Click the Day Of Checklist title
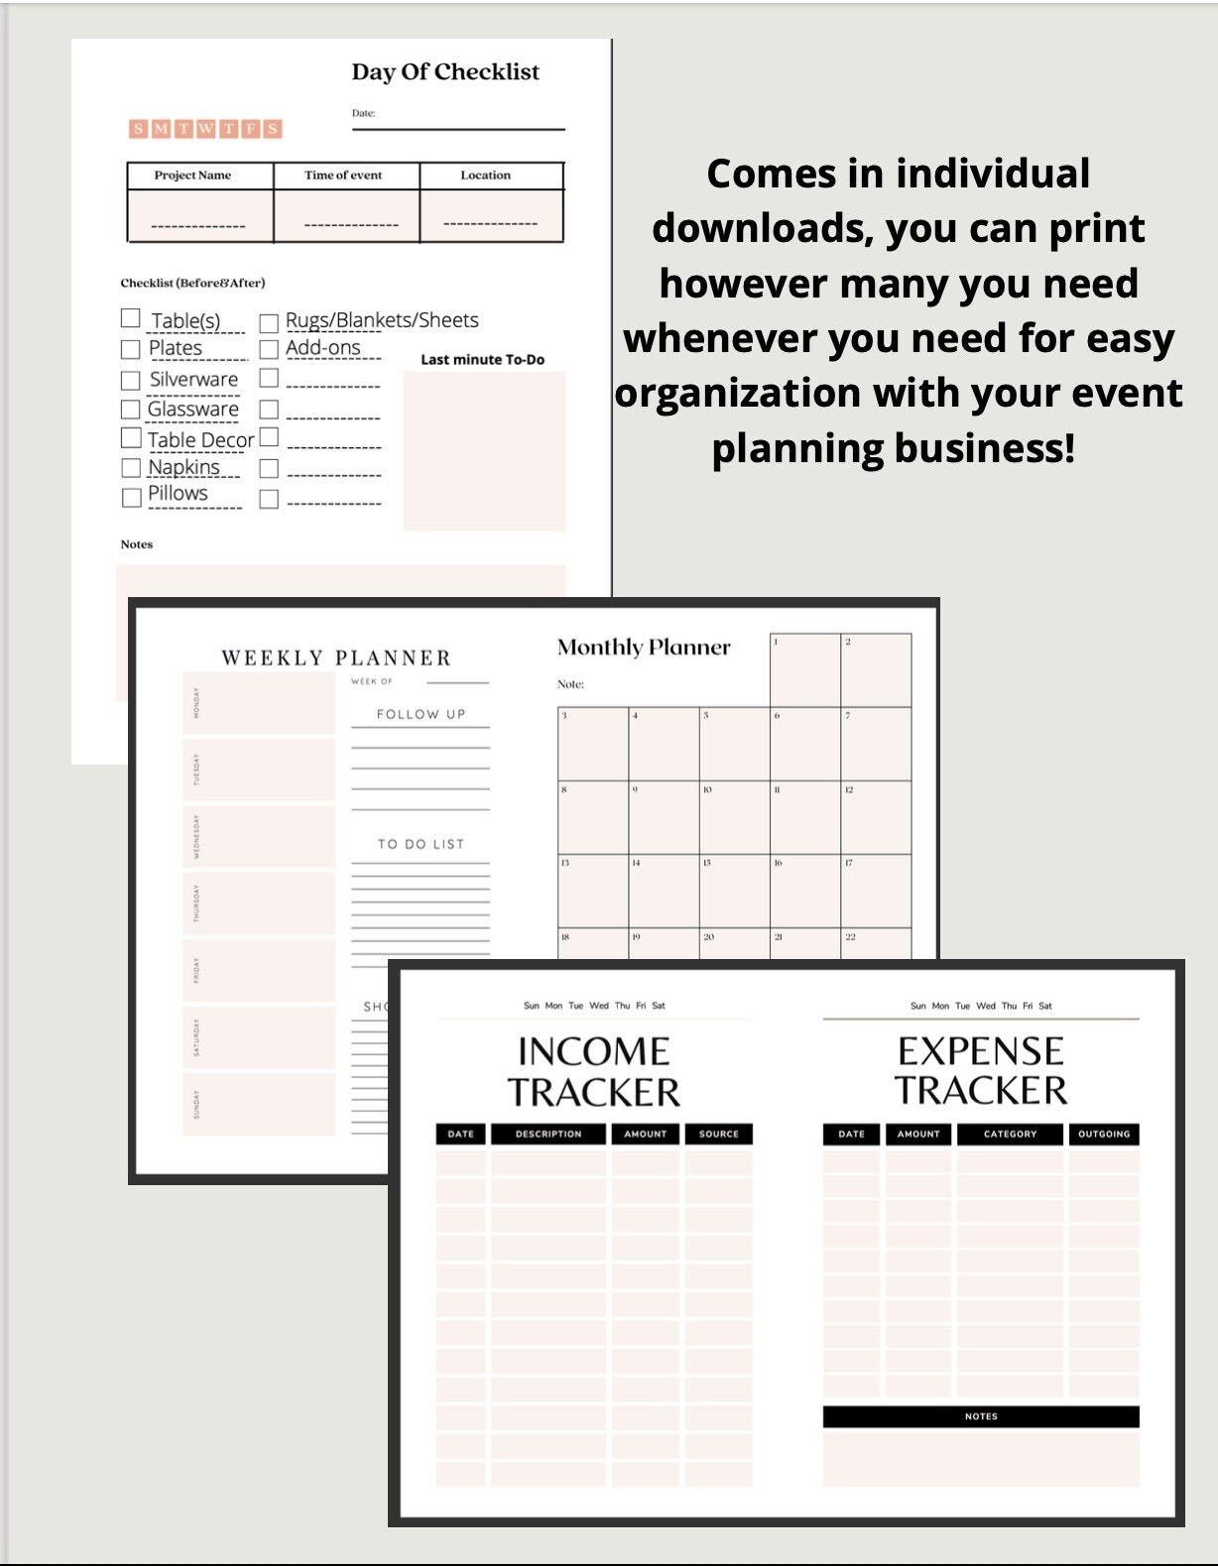click(x=445, y=71)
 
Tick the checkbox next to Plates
click(x=131, y=349)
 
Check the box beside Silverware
click(x=131, y=381)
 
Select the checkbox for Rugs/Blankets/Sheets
click(x=269, y=323)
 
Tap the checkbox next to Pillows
click(x=131, y=497)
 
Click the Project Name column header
click(x=192, y=176)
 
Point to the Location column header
click(x=485, y=176)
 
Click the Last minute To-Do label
click(x=482, y=360)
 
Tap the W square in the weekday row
click(x=205, y=128)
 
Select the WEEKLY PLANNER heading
click(x=336, y=658)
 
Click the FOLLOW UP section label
click(x=421, y=714)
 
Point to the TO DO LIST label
click(x=421, y=844)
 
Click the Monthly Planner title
click(x=644, y=648)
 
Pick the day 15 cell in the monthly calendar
click(x=734, y=891)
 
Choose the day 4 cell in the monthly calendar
click(x=664, y=744)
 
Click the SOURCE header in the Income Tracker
click(x=718, y=1134)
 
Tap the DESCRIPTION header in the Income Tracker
click(x=548, y=1134)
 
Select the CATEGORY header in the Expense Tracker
click(x=1010, y=1134)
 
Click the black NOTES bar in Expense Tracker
click(x=981, y=1416)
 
